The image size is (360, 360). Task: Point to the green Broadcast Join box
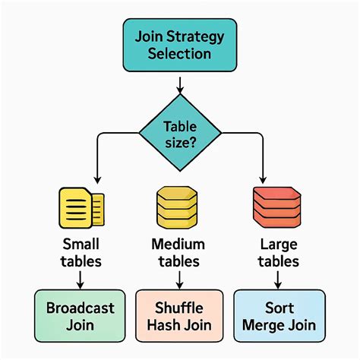pyautogui.click(x=80, y=317)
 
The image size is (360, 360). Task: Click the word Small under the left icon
pyautogui.click(x=80, y=245)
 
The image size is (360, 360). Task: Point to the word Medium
pyautogui.click(x=178, y=245)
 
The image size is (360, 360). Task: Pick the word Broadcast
pyautogui.click(x=80, y=308)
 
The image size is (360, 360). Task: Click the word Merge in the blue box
pyautogui.click(x=264, y=326)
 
